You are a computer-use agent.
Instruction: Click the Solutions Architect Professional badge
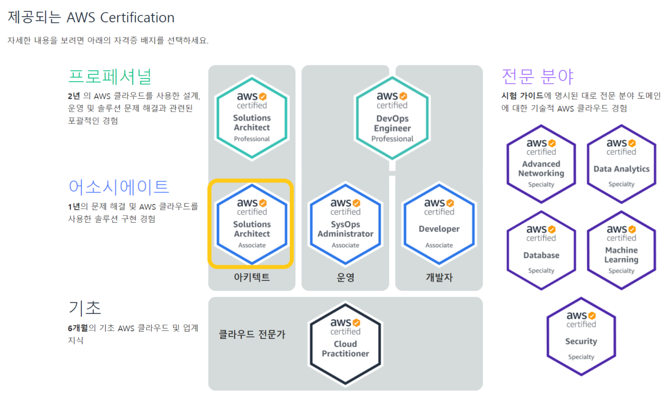[252, 118]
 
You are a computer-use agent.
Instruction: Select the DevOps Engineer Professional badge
[392, 118]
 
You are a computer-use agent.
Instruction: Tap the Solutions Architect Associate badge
[252, 224]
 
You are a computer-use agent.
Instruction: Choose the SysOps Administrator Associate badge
[345, 224]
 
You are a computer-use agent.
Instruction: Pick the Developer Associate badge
[439, 224]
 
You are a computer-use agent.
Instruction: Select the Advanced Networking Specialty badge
[541, 164]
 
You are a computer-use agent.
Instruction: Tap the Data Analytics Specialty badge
[621, 164]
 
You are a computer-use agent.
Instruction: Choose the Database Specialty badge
[541, 250]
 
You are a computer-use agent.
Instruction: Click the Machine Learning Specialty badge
[621, 250]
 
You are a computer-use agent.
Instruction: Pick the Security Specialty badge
[581, 337]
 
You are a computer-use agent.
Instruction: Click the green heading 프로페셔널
[110, 76]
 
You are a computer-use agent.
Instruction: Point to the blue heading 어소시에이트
[118, 187]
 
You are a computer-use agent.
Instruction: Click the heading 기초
[85, 308]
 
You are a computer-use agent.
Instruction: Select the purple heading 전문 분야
[537, 76]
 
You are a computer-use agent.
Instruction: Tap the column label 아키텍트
[252, 278]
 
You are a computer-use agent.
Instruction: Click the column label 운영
[345, 278]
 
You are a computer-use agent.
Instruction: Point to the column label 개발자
[439, 278]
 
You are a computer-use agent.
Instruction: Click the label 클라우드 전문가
[252, 335]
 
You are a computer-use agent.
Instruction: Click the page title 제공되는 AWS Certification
[91, 17]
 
